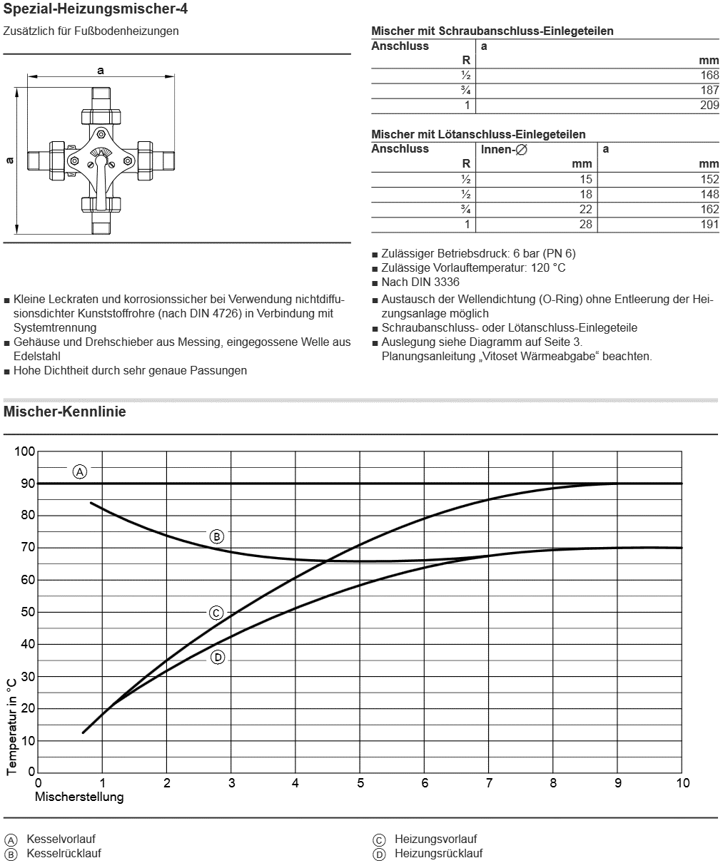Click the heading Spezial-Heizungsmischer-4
coord(96,10)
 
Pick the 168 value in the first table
coord(709,76)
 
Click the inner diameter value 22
coord(585,210)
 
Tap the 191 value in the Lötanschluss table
coord(709,225)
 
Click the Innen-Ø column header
coord(504,150)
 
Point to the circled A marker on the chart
coord(80,471)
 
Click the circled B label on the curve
coord(217,536)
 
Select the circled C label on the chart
coord(217,613)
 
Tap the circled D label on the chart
coord(218,657)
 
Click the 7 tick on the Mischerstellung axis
coord(489,783)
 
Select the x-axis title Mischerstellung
coord(79,797)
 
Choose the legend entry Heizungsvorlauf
coord(435,839)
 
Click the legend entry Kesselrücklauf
coord(64,853)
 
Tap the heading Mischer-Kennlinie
coord(65,412)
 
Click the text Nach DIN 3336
coord(420,282)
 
